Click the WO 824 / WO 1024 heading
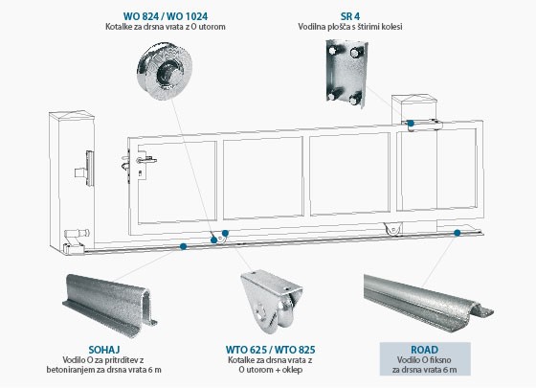point(165,16)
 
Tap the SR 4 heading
point(349,16)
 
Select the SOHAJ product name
point(104,350)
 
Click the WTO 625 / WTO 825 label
point(270,350)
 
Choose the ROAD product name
point(424,350)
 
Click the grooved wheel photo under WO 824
point(165,71)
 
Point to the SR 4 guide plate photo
point(346,73)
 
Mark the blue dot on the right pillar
point(411,124)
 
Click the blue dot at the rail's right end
point(458,233)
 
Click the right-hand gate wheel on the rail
point(392,230)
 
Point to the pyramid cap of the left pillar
point(72,114)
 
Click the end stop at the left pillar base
point(76,241)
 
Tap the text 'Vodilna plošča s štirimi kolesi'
point(349,27)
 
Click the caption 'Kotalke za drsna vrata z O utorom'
point(165,27)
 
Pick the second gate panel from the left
point(263,178)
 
